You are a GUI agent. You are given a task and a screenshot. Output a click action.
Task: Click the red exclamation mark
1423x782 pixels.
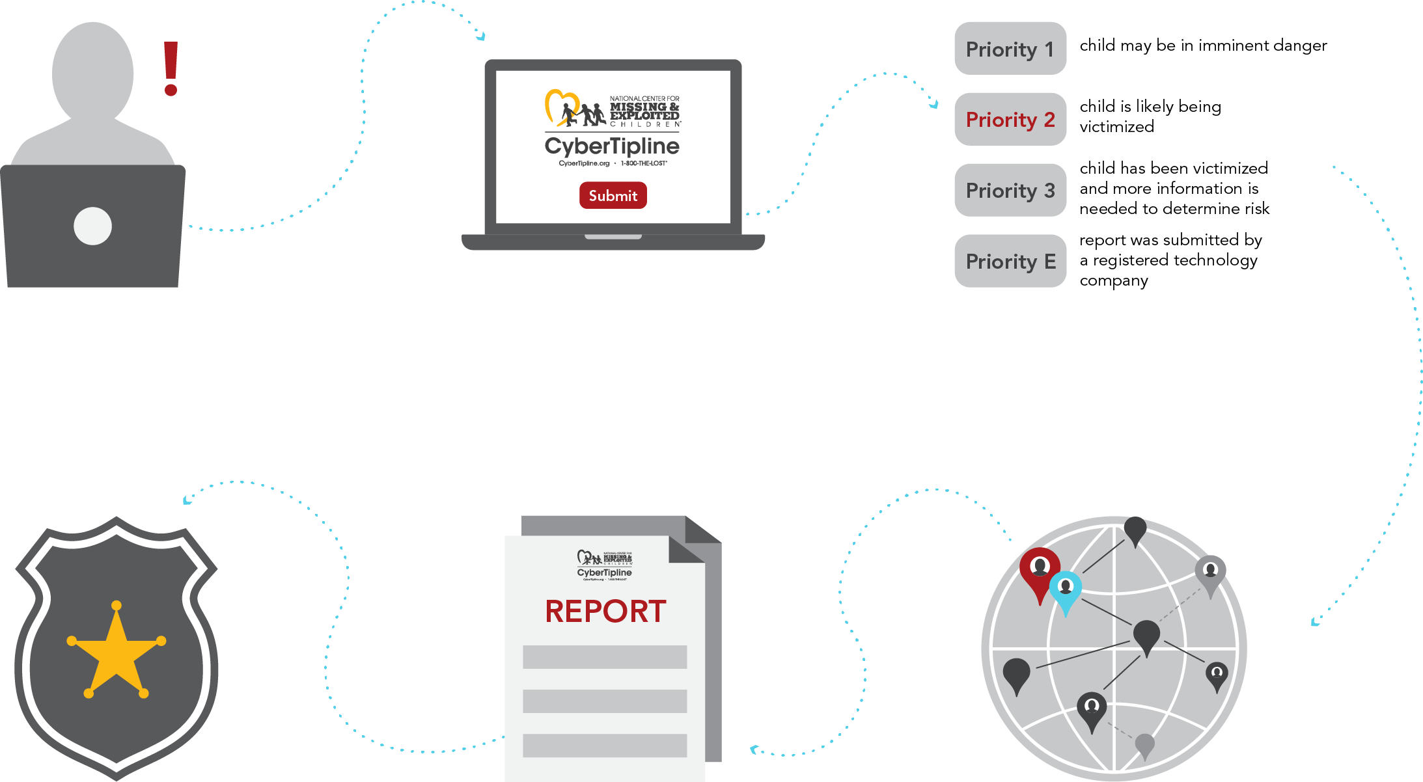(x=171, y=68)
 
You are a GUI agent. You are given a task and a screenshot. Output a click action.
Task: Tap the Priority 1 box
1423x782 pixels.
(x=1010, y=49)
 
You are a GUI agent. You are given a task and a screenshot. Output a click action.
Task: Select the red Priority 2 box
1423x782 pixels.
(x=1010, y=120)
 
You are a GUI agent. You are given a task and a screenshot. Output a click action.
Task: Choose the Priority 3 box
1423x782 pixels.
(x=1010, y=190)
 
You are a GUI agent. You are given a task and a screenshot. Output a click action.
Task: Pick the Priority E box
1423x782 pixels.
(x=1010, y=261)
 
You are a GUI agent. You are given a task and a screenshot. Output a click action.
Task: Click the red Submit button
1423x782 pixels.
(x=613, y=195)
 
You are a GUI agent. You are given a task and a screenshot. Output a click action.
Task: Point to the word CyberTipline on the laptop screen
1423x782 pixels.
(x=612, y=146)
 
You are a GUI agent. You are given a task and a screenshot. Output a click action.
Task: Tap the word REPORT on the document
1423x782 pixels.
(x=605, y=612)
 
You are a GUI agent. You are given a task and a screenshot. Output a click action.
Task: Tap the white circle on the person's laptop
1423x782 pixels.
(x=92, y=226)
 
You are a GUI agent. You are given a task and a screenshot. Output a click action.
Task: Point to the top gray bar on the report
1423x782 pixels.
(x=605, y=657)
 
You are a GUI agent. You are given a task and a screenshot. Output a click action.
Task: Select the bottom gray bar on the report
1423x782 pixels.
(x=605, y=746)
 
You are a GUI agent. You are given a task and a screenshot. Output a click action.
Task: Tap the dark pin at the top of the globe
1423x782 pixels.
(x=1135, y=529)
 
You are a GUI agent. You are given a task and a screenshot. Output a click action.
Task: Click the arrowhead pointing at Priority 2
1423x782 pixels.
(x=935, y=104)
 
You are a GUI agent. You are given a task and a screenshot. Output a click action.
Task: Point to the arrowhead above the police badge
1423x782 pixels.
(x=187, y=500)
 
